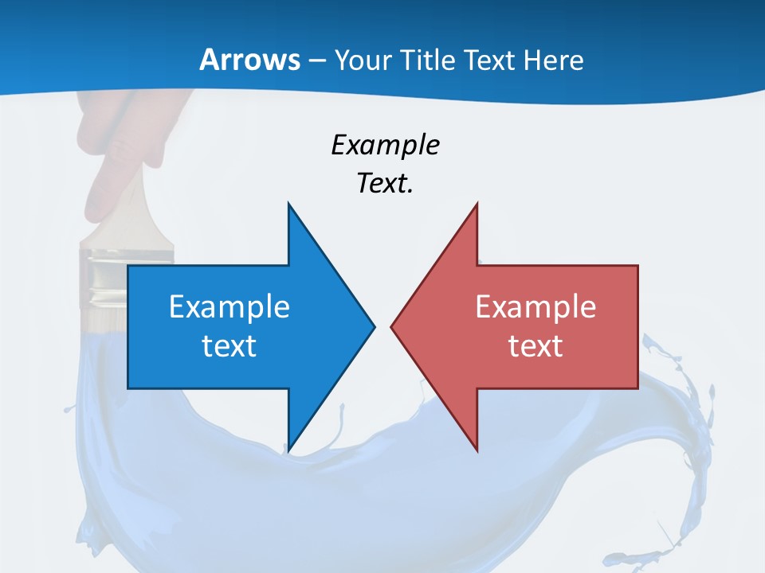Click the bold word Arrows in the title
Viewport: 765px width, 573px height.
[249, 60]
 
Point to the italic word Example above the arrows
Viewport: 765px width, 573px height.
[385, 145]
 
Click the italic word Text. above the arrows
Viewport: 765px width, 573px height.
[385, 184]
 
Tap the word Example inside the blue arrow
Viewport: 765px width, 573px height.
[229, 306]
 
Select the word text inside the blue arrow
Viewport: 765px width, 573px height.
[229, 346]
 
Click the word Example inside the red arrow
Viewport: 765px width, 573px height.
[535, 306]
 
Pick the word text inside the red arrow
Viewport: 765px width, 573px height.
[535, 346]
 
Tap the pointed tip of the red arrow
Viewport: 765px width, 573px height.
[392, 326]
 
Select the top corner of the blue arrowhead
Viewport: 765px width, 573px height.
[288, 205]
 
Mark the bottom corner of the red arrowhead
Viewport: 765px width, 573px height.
[477, 450]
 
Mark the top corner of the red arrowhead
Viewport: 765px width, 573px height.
[477, 205]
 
